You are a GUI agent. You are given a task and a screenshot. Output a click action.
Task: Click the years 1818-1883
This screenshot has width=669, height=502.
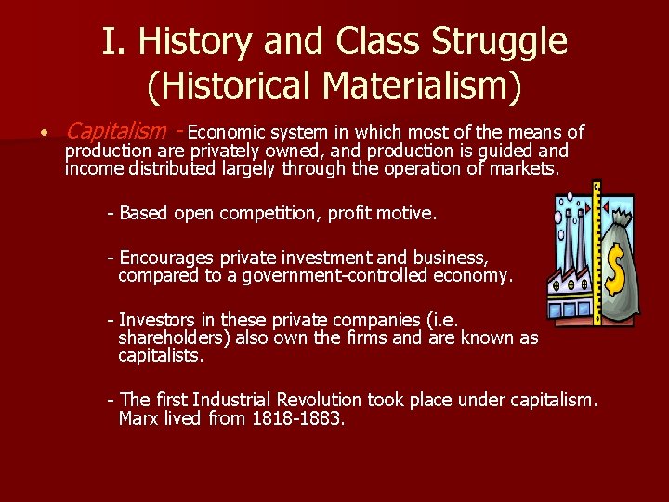pos(298,418)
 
